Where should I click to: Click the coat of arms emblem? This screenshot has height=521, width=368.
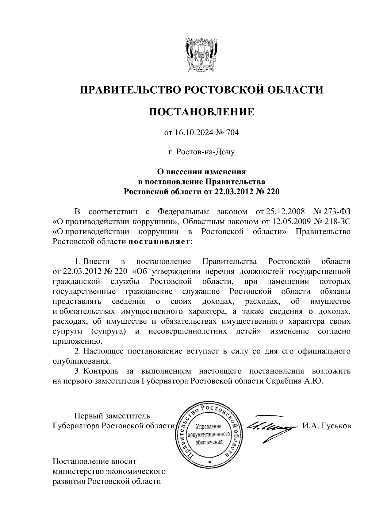point(201,54)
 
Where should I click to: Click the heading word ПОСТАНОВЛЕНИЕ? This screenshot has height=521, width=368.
point(201,112)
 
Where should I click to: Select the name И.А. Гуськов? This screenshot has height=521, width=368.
point(327,426)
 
